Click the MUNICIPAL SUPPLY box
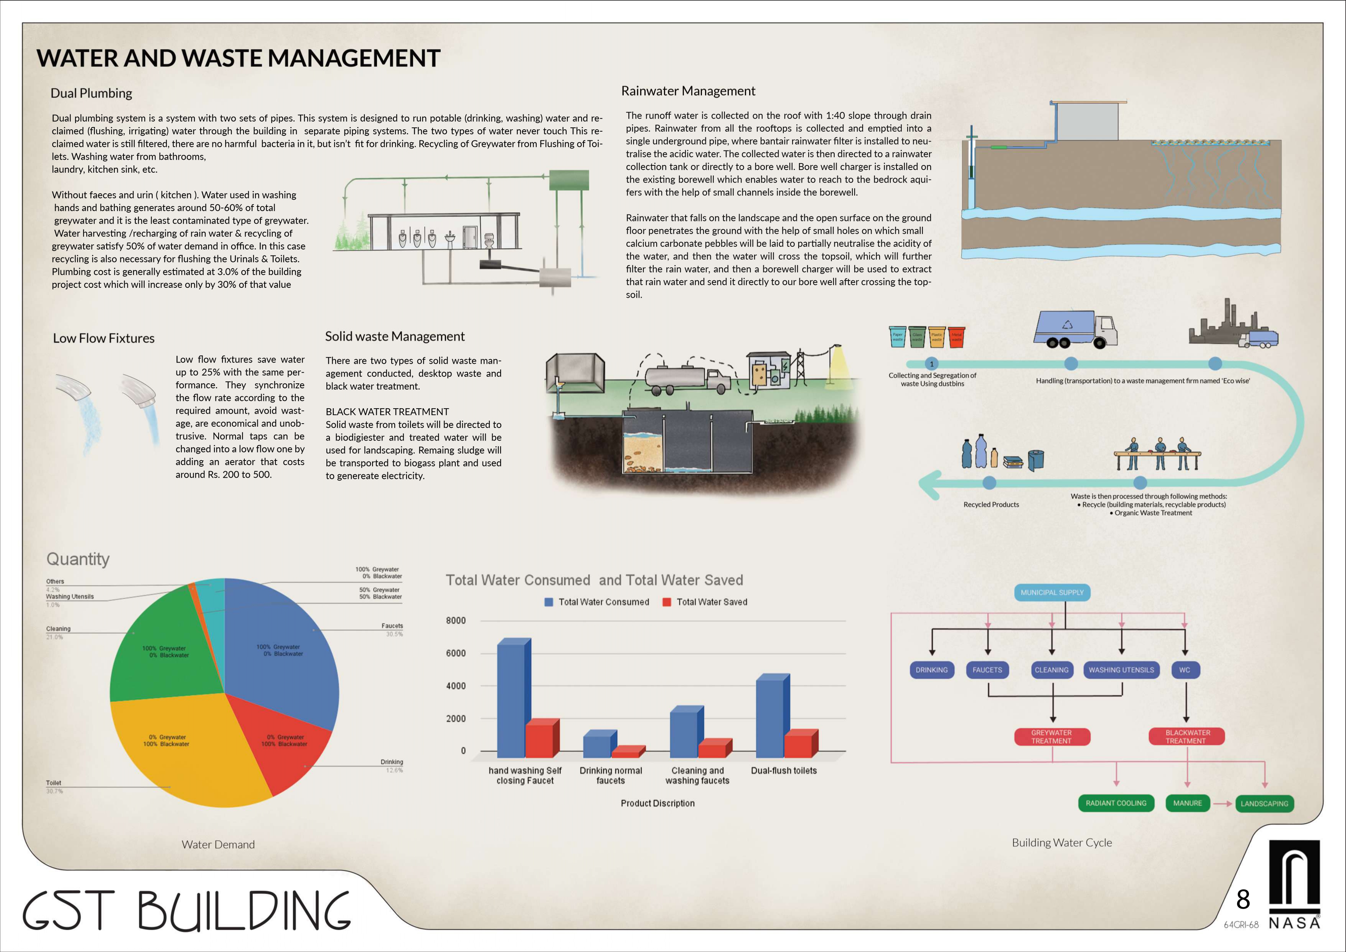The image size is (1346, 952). [1052, 592]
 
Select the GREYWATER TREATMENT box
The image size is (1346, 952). [1052, 737]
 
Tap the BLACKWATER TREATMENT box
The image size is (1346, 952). [1186, 737]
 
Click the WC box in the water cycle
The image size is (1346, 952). [1185, 670]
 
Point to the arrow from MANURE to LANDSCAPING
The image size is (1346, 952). [1222, 804]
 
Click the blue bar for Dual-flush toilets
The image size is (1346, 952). [770, 717]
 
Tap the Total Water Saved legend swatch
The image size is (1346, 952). [667, 602]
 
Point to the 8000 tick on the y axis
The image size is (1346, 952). [456, 620]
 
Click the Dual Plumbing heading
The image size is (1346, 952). [91, 93]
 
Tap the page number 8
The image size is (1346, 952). [1243, 899]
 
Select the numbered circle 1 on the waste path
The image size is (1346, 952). [931, 364]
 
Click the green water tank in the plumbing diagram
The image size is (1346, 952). [568, 180]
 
